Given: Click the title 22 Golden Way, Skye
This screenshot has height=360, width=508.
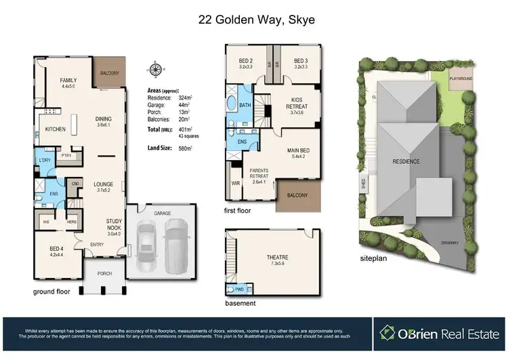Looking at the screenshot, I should (253, 20).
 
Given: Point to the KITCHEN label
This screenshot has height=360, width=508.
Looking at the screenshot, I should (55, 129).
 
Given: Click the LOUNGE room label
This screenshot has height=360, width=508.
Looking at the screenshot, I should (102, 182).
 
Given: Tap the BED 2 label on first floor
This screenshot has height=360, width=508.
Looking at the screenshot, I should (245, 60).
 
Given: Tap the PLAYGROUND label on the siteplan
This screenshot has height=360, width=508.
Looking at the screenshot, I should (465, 79).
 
